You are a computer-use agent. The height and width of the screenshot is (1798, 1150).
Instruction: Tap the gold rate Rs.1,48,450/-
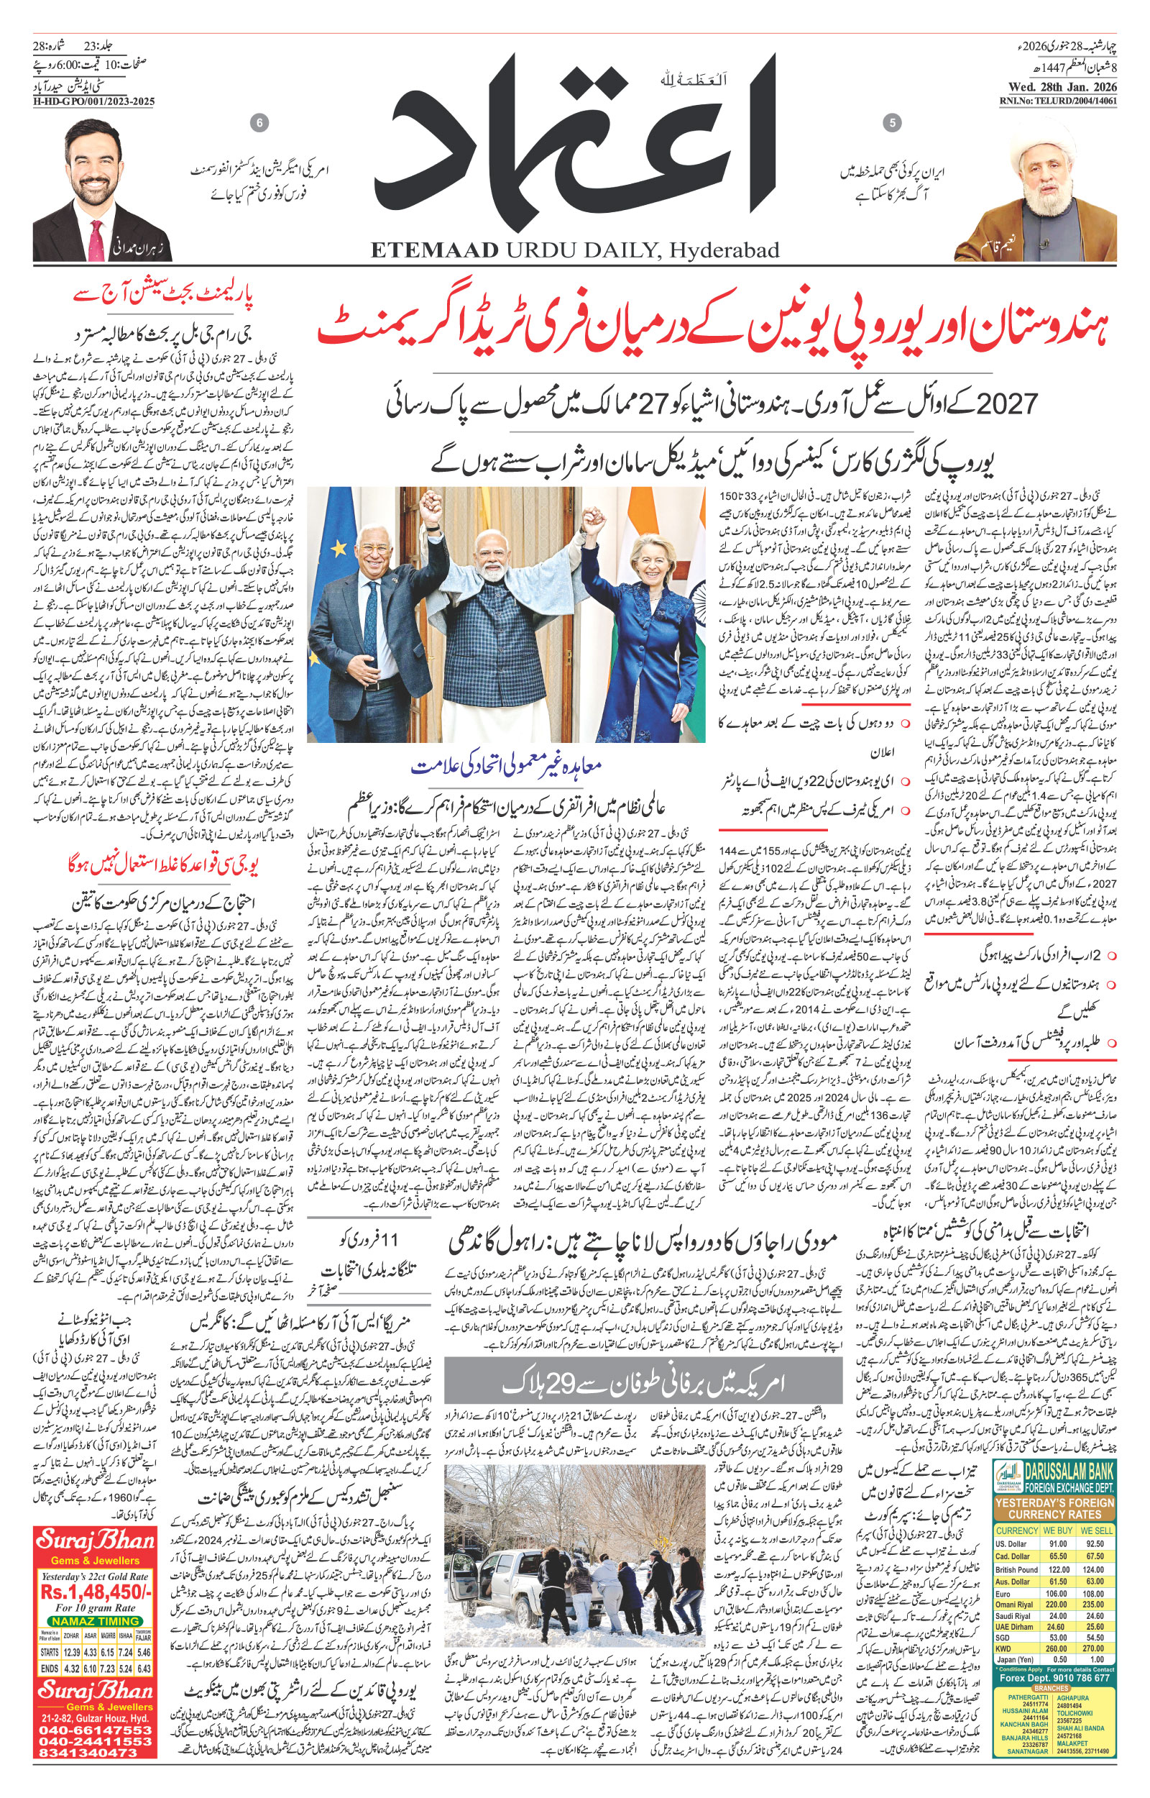[x=96, y=1612]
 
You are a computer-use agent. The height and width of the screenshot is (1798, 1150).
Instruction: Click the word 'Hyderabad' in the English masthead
[x=724, y=250]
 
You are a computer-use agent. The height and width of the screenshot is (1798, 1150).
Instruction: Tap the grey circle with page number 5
[x=892, y=122]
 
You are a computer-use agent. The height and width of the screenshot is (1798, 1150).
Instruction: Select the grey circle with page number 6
[x=259, y=122]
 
